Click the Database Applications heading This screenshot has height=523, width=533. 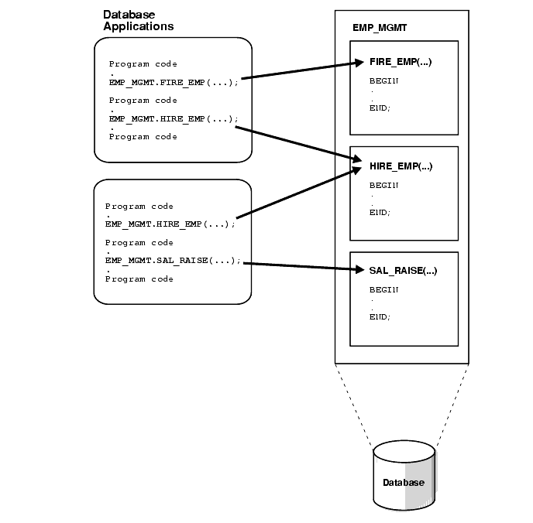[138, 21]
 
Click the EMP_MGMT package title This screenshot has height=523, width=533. [380, 28]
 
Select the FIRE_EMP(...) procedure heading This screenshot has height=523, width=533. [400, 62]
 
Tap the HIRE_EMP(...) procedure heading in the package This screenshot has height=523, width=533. [400, 166]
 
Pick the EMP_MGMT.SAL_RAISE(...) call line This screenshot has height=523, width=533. [173, 261]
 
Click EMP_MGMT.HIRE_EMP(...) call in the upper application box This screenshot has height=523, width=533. [173, 119]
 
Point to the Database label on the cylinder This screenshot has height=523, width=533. [404, 483]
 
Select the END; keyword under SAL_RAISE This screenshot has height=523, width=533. [380, 316]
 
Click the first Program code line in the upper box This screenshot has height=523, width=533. [143, 64]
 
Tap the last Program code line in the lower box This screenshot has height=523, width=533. [139, 279]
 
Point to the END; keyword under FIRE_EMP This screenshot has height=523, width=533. [380, 108]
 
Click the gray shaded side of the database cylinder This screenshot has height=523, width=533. [419, 480]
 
